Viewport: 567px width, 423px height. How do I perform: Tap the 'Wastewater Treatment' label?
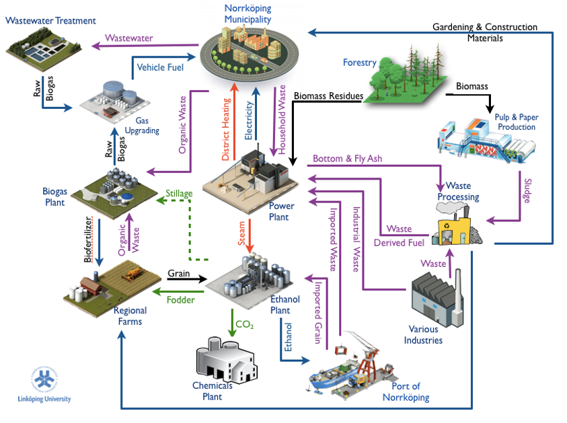pos(50,21)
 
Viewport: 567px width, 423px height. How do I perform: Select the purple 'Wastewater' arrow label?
pos(130,38)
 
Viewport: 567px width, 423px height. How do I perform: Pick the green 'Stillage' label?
pos(179,194)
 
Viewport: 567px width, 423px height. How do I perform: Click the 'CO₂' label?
pos(245,325)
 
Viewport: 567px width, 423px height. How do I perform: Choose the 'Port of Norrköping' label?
pos(406,391)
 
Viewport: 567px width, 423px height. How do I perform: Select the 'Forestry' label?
pos(359,63)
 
